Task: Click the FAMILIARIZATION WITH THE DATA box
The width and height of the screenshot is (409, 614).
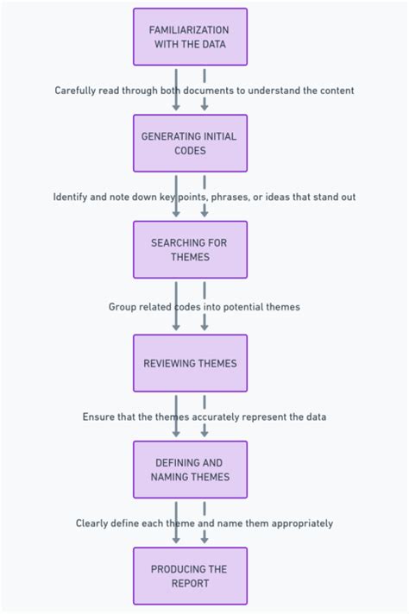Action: (x=190, y=37)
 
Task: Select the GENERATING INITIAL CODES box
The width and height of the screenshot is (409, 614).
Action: (x=190, y=143)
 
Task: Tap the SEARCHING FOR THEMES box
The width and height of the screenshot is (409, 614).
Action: (x=190, y=250)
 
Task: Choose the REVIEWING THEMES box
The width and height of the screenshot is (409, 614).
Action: (x=190, y=363)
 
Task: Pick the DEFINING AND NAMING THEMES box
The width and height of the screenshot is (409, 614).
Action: (x=190, y=470)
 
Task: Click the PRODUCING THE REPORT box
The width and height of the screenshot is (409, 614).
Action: (x=190, y=576)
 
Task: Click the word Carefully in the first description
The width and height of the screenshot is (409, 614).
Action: (x=75, y=91)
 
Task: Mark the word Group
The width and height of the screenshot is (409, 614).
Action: (x=123, y=307)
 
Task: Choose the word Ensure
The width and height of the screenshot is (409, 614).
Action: (x=99, y=417)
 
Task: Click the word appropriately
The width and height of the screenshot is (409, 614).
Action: (x=299, y=523)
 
